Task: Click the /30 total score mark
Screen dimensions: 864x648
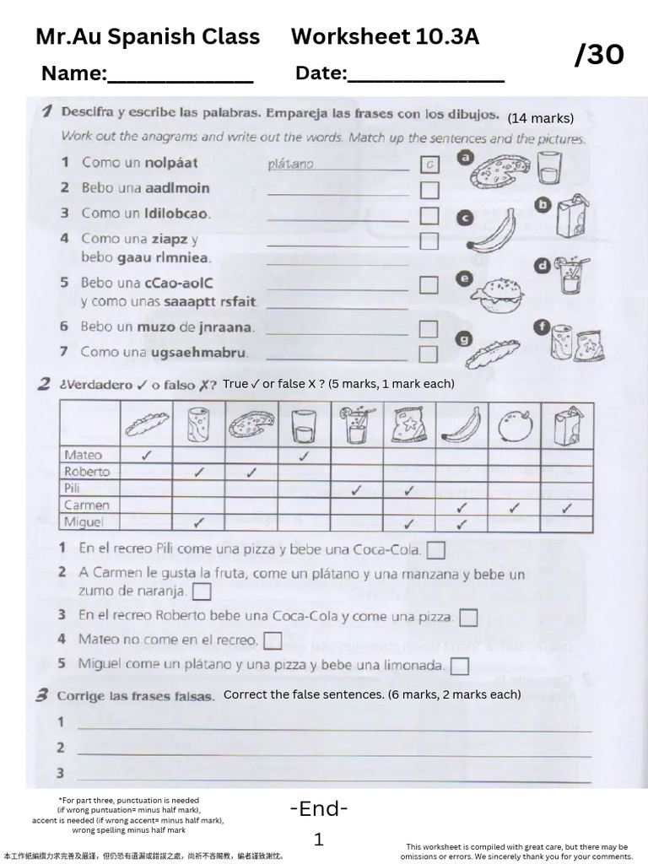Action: [x=599, y=55]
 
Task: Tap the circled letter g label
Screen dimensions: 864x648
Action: [x=463, y=339]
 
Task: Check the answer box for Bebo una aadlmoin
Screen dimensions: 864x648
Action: [x=429, y=190]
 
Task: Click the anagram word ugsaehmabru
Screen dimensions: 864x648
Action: [x=201, y=352]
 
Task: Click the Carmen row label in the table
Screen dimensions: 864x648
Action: [x=86, y=505]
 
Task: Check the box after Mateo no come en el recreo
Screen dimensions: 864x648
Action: [x=272, y=641]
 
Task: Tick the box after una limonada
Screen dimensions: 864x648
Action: [x=459, y=667]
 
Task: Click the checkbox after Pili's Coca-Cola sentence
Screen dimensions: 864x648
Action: [x=435, y=551]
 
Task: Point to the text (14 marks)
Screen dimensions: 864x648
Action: [x=540, y=118]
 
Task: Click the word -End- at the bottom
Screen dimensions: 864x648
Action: [x=319, y=809]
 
